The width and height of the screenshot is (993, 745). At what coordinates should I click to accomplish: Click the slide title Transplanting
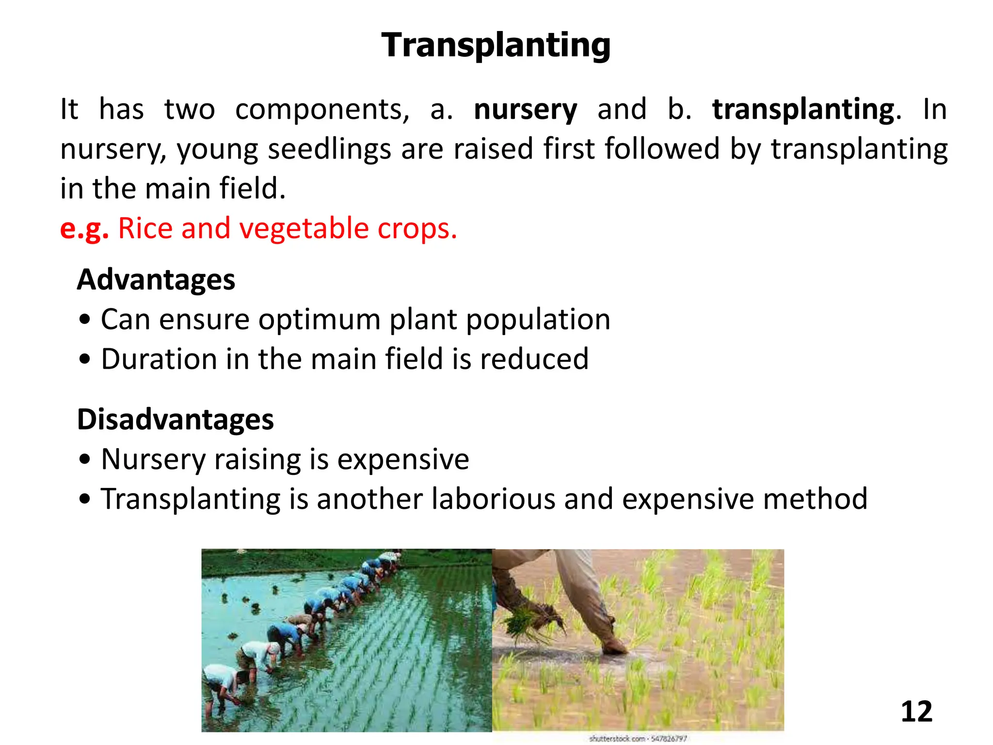click(496, 45)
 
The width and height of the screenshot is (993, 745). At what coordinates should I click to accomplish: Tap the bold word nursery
click(525, 110)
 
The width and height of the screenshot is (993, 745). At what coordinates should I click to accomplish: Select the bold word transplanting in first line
click(803, 110)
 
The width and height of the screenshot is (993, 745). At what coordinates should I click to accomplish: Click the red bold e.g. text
click(84, 228)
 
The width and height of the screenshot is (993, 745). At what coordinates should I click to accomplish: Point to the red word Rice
click(144, 228)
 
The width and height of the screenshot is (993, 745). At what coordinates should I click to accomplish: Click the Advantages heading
click(156, 280)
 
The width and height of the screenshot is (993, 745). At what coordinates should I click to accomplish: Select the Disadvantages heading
click(176, 420)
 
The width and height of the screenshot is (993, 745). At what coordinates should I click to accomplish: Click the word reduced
click(534, 359)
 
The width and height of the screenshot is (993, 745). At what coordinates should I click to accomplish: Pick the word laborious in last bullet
click(493, 499)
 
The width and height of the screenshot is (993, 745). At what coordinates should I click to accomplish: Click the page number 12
click(916, 712)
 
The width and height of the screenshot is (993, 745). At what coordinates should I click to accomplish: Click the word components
click(322, 110)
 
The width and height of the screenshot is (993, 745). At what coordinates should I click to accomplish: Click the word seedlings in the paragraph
click(329, 149)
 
